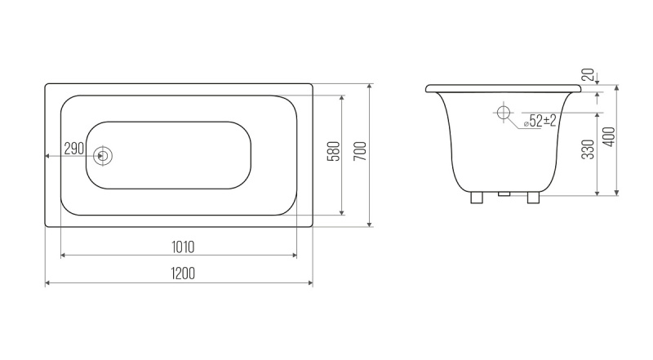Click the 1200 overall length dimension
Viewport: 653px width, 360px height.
click(183, 273)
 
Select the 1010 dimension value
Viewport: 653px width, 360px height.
click(183, 247)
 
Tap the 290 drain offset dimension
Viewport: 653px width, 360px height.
click(74, 148)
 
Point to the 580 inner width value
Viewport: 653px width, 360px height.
click(335, 151)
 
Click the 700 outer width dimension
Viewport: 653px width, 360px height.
click(361, 151)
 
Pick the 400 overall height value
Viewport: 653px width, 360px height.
click(609, 136)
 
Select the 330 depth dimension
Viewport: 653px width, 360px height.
click(587, 149)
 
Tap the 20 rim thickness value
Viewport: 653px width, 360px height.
click(588, 74)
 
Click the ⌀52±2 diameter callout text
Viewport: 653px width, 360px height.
click(540, 121)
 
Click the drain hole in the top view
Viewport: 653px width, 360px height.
click(103, 156)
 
